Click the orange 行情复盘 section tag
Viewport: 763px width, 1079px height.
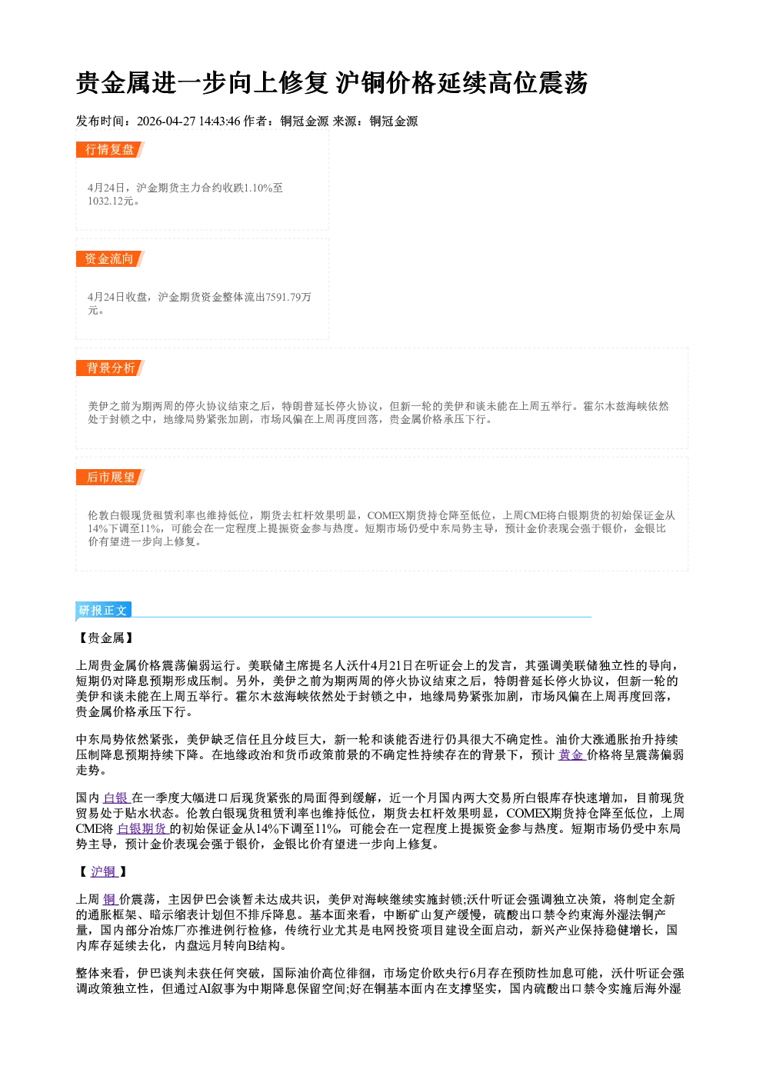[110, 149]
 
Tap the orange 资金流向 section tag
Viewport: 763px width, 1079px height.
[110, 258]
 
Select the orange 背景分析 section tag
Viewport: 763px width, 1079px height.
[110, 368]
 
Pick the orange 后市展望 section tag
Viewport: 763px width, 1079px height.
[110, 478]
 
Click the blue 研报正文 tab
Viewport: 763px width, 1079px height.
[103, 611]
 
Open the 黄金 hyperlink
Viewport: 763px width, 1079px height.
[571, 754]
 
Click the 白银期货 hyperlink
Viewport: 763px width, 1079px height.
[142, 828]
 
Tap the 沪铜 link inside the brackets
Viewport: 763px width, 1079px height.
[104, 871]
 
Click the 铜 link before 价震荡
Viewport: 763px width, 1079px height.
[110, 899]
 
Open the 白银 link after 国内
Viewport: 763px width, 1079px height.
[117, 798]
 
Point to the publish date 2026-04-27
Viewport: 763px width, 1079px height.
[166, 121]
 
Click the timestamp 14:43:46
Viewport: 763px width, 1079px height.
[219, 121]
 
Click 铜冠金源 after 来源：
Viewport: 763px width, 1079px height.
[394, 121]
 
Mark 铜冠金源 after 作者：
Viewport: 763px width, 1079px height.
[305, 121]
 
